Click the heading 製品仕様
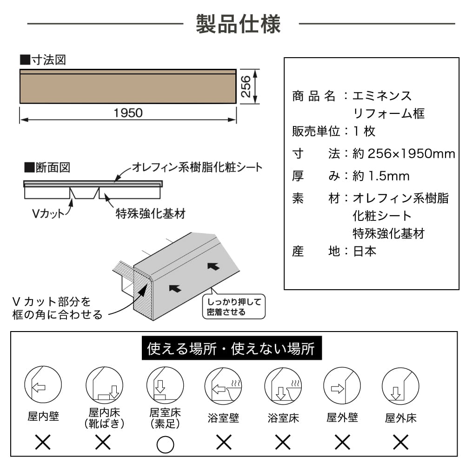point(238,24)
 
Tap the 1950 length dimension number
point(128,113)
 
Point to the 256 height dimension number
point(246,86)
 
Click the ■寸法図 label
point(43,60)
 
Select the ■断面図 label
point(47,167)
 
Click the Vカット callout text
point(48,214)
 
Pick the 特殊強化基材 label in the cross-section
point(150,214)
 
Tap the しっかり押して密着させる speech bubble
point(234,307)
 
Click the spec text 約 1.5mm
point(381,176)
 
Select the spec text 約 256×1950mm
point(404,154)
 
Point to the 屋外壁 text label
point(343,417)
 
